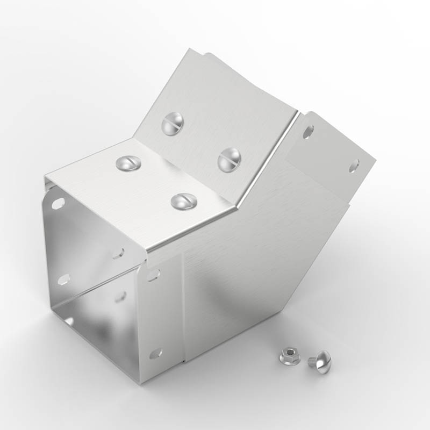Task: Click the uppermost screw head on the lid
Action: click(171, 124)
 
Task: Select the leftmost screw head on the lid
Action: click(128, 162)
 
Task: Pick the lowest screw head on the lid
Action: click(183, 201)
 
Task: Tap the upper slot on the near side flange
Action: click(153, 275)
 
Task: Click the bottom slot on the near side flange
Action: click(155, 353)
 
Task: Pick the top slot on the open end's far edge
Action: click(57, 204)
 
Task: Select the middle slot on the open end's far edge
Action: click(63, 278)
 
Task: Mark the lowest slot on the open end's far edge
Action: click(69, 321)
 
